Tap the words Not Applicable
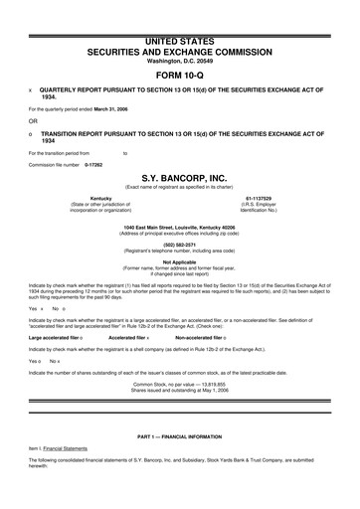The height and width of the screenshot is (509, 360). [179, 262]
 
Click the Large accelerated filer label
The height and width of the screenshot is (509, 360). [52, 338]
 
